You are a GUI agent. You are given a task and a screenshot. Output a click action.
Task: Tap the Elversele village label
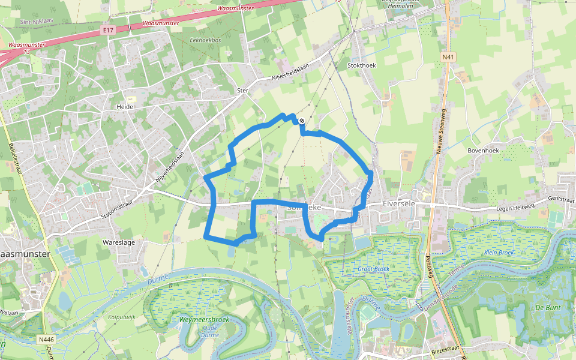[x=400, y=204]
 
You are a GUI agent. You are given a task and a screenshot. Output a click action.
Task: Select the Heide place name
[x=125, y=106]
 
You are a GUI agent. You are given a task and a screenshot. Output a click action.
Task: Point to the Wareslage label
[x=118, y=242]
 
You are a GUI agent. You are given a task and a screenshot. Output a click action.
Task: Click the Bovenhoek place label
[x=483, y=151]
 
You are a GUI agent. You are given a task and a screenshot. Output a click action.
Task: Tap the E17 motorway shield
[x=108, y=29]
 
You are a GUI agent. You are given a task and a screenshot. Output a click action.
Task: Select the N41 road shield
[x=446, y=57]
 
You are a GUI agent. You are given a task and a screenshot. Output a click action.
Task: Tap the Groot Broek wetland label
[x=373, y=269]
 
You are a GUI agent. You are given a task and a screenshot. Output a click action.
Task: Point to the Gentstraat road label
[x=562, y=199]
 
